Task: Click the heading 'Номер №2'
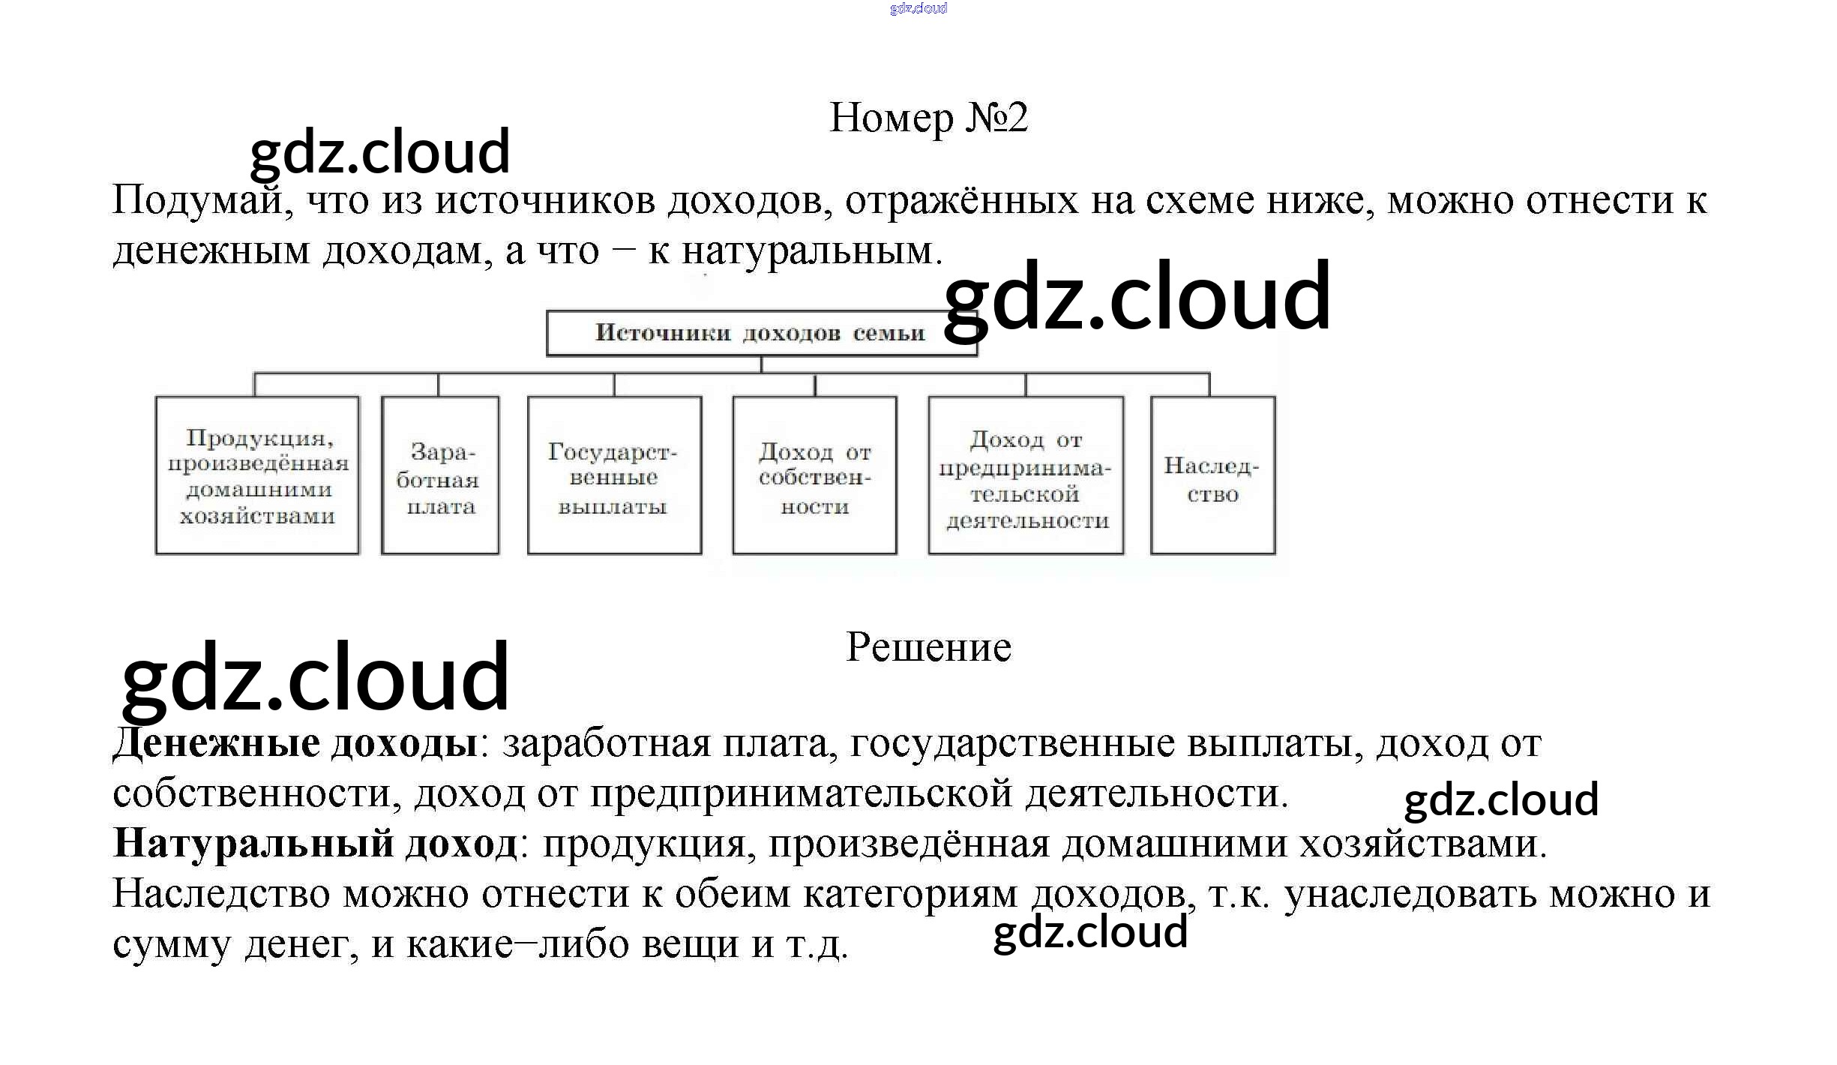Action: click(x=928, y=118)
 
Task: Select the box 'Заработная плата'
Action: click(x=440, y=475)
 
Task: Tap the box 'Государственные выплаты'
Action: click(x=614, y=475)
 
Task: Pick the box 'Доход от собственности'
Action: click(x=814, y=475)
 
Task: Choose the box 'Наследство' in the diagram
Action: click(x=1212, y=475)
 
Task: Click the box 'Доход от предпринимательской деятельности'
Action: click(x=1026, y=475)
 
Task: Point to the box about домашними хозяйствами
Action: click(x=257, y=475)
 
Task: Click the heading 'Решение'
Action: click(x=928, y=647)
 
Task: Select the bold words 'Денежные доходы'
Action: click(x=295, y=743)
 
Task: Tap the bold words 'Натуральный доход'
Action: click(x=315, y=844)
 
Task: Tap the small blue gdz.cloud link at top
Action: click(x=918, y=8)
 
